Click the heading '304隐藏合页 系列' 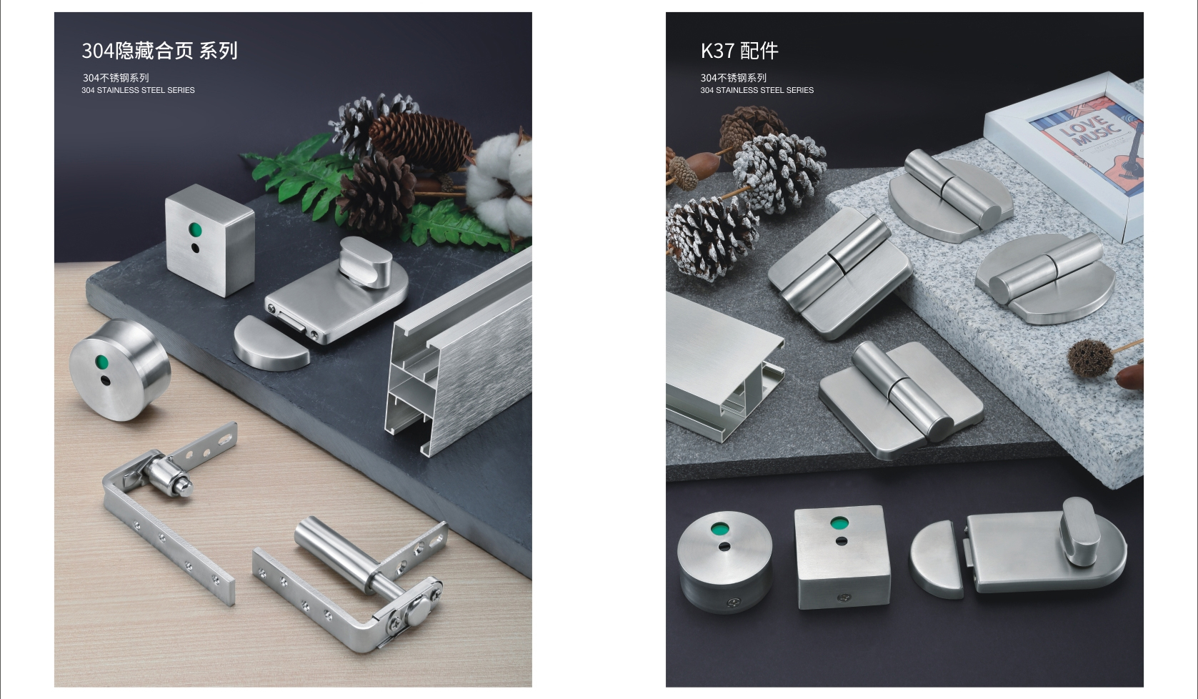[x=159, y=51]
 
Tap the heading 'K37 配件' [x=739, y=51]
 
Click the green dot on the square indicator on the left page [x=195, y=230]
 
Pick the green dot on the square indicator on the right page [x=839, y=523]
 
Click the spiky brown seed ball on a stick [x=1090, y=357]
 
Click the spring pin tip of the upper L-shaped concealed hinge [x=184, y=489]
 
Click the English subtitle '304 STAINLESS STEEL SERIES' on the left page [x=138, y=91]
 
